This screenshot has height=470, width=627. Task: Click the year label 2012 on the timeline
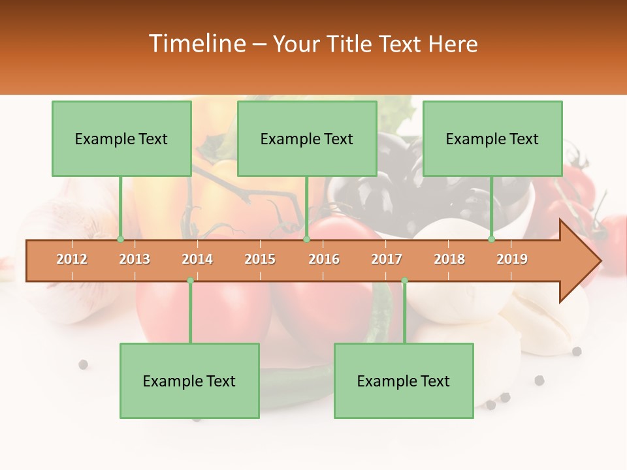[72, 259]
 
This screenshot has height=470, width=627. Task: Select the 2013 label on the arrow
[135, 259]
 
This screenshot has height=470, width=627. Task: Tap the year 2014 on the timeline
[197, 259]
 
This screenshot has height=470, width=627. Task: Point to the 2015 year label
[260, 259]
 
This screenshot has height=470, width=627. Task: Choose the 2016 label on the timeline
[324, 259]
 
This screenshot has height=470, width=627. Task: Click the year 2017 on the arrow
[387, 259]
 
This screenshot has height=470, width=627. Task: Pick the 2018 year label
[449, 259]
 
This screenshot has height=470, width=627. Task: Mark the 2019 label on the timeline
[512, 259]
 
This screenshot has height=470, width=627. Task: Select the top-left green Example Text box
[121, 138]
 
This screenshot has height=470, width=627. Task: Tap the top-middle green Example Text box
[307, 138]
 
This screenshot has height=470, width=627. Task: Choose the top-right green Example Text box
[492, 138]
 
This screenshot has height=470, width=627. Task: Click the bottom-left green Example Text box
[189, 381]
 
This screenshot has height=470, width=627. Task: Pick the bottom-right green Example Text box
[404, 381]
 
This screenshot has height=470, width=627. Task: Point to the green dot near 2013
[121, 240]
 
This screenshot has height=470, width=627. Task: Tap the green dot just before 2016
[306, 240]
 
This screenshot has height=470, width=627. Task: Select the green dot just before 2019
[492, 240]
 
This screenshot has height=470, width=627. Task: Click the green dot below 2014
[190, 281]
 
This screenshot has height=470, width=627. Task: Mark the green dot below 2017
[404, 281]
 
